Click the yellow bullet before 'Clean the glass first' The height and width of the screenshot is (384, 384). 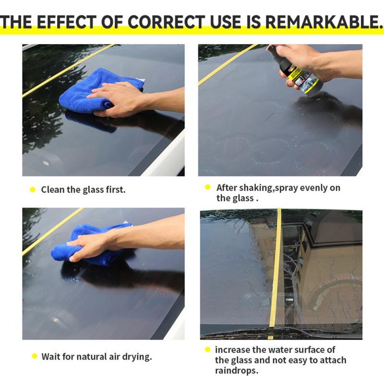(x=33, y=190)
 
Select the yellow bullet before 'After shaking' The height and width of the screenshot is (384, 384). (x=208, y=188)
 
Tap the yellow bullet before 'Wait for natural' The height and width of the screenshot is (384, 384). (x=34, y=356)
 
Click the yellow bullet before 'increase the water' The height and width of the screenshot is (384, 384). (x=208, y=350)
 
